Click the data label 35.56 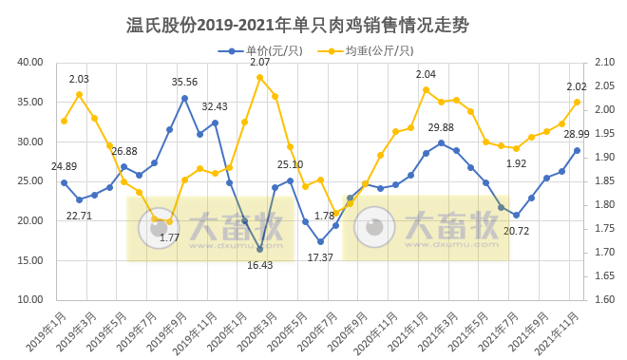coord(184,83)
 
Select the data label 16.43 coord(258,265)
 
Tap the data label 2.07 coord(259,63)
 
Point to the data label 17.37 coord(320,257)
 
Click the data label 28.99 coord(576,134)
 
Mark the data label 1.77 coord(169,237)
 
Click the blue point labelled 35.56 coord(184,98)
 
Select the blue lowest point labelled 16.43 coord(259,249)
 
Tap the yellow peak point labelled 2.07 coord(259,77)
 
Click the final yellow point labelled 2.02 coord(577,102)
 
